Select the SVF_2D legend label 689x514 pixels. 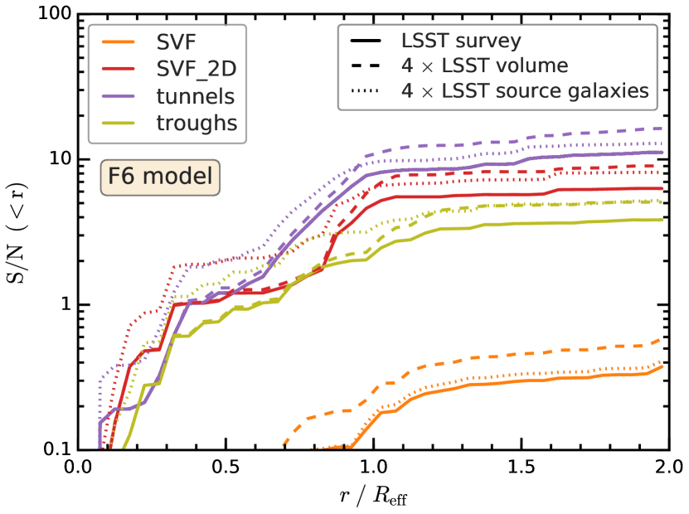195,69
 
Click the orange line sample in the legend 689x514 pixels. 117,42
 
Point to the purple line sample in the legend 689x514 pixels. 117,96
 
